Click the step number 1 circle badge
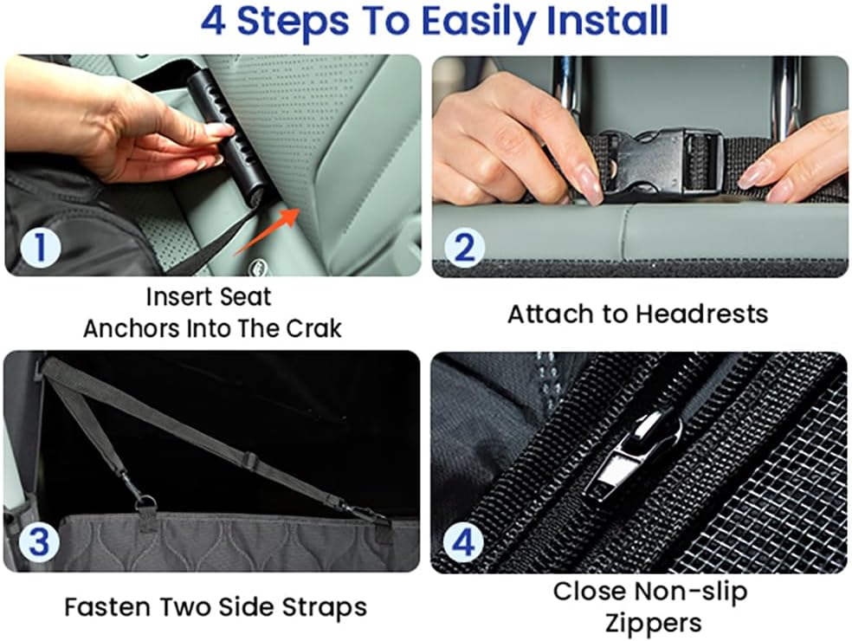(x=35, y=249)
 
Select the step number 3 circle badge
(x=35, y=544)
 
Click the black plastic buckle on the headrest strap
(x=660, y=162)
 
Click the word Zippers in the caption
(x=650, y=622)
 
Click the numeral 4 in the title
(x=215, y=21)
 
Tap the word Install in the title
(x=608, y=21)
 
